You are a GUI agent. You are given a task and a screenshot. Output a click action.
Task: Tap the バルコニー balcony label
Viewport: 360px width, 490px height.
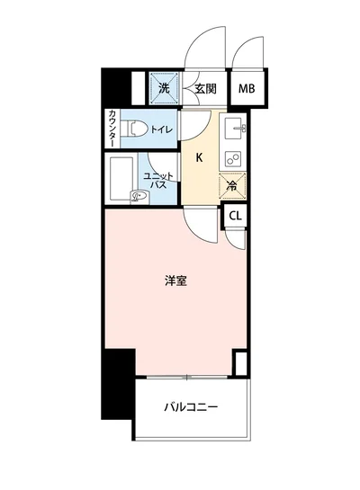(191, 406)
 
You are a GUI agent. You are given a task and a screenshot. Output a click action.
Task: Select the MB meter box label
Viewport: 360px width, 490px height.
(246, 88)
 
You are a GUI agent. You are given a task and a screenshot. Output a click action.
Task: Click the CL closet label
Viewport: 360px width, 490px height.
(234, 216)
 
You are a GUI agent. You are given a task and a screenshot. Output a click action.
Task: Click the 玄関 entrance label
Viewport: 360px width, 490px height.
(205, 88)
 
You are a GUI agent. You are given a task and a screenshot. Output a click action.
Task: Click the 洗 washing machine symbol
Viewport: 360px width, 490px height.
(164, 88)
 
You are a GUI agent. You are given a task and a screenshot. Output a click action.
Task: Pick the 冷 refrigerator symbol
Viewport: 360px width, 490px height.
(231, 187)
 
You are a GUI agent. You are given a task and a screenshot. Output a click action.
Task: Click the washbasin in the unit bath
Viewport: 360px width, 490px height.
(139, 195)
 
